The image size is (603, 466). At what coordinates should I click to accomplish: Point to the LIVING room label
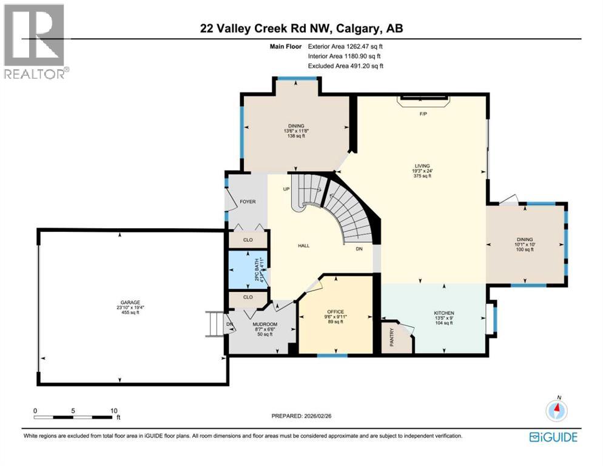click(x=422, y=166)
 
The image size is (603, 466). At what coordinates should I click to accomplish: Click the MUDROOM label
click(x=264, y=325)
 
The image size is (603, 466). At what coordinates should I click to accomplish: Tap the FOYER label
click(x=248, y=201)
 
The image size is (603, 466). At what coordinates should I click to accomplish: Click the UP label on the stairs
click(x=286, y=189)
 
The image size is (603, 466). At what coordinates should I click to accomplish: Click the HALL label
click(x=303, y=246)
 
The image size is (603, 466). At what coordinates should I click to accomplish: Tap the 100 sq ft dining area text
click(x=526, y=250)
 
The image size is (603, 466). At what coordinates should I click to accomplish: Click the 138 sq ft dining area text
click(x=297, y=137)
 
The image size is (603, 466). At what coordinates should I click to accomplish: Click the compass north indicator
click(x=556, y=410)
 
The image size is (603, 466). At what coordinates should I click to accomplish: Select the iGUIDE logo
click(x=553, y=437)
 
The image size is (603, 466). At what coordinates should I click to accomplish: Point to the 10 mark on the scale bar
click(x=113, y=410)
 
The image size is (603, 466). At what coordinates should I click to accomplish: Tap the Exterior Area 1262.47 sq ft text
click(x=346, y=45)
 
